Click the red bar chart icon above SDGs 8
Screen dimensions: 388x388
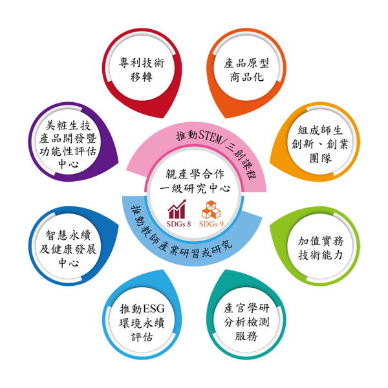click(x=177, y=210)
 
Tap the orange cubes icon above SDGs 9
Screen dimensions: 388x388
click(x=211, y=210)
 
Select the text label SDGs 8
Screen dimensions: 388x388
click(x=178, y=224)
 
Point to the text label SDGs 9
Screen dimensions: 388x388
click(x=211, y=224)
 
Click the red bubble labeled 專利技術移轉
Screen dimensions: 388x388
click(x=142, y=72)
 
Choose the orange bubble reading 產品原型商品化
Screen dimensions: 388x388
click(x=246, y=72)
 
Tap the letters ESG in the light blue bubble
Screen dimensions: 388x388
click(x=154, y=309)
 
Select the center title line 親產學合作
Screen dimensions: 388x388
click(x=195, y=174)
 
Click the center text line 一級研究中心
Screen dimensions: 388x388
click(x=195, y=189)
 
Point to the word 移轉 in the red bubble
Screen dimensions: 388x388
click(x=141, y=77)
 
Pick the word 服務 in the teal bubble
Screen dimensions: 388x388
click(x=246, y=336)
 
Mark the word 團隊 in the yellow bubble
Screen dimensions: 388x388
click(x=321, y=158)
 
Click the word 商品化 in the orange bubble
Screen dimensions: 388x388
click(x=247, y=77)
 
